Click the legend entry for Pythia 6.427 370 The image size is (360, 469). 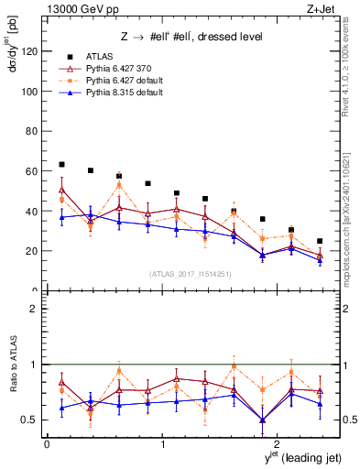pos(115,69)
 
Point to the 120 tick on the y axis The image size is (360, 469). pos(29,51)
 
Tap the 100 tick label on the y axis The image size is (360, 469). pos(29,92)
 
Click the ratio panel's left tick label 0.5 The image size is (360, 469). pos(30,420)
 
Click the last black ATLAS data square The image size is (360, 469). pos(320,241)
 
